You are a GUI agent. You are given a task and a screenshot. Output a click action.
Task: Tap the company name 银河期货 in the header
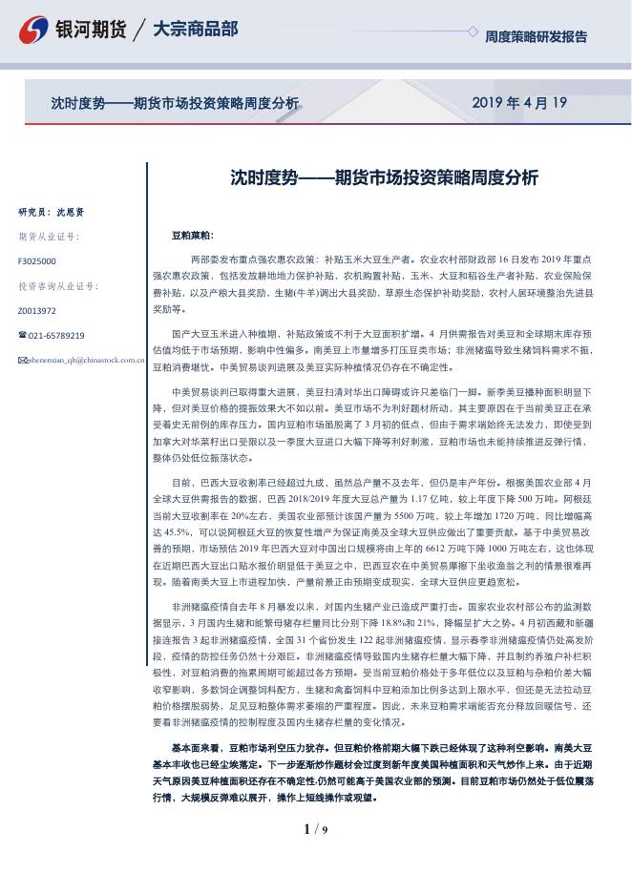pyautogui.click(x=92, y=30)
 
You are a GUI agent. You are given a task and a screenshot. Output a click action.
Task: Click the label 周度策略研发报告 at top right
pyautogui.click(x=536, y=37)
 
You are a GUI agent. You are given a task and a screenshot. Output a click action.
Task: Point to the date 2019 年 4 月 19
pyautogui.click(x=519, y=103)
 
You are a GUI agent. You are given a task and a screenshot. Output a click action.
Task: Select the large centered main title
pyautogui.click(x=385, y=177)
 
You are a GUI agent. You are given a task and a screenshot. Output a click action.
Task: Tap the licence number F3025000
pyautogui.click(x=37, y=260)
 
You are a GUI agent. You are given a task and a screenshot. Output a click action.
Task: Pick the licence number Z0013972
pyautogui.click(x=37, y=311)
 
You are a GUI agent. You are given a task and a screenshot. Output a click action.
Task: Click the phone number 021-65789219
pyautogui.click(x=56, y=336)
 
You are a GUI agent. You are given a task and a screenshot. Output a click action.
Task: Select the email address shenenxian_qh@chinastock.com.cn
pyautogui.click(x=81, y=361)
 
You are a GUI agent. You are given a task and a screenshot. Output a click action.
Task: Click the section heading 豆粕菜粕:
pyautogui.click(x=193, y=235)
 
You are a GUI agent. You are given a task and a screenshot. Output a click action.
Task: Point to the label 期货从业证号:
pyautogui.click(x=49, y=237)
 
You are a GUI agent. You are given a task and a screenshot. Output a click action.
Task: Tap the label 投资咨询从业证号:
pyautogui.click(x=58, y=285)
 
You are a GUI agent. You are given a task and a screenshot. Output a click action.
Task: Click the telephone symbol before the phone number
pyautogui.click(x=22, y=336)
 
